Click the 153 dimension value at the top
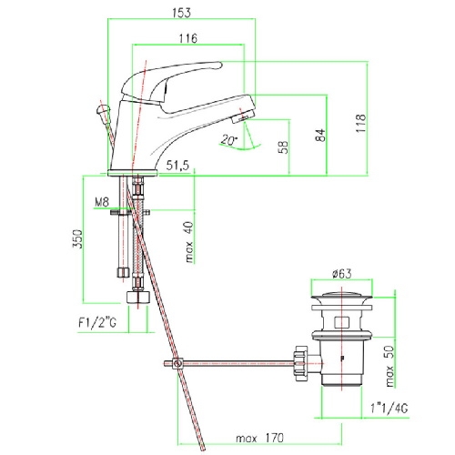182,13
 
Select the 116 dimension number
188,38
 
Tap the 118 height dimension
361,123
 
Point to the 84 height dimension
320,135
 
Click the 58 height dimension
284,147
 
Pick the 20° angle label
229,139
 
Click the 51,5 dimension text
177,166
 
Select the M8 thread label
102,202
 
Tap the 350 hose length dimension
77,239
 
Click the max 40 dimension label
189,242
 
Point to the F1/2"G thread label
97,323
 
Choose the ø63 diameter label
342,274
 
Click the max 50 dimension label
389,366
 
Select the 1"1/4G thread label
389,409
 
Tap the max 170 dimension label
259,439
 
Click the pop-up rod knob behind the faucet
103,109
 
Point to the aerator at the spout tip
243,116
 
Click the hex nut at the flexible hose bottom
138,297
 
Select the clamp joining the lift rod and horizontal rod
177,363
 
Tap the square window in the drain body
342,322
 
